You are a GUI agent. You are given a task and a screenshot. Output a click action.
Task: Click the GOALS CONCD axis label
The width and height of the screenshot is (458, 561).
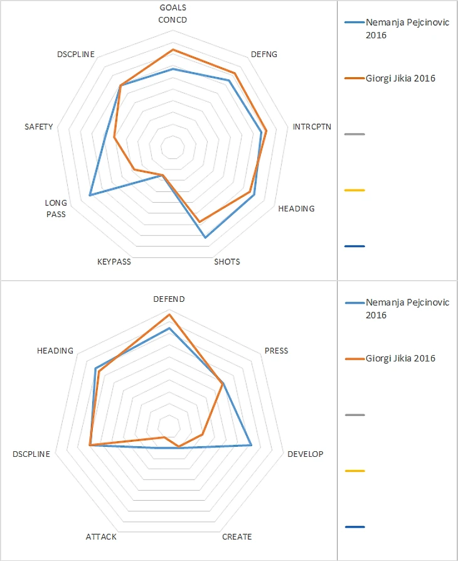click(x=173, y=13)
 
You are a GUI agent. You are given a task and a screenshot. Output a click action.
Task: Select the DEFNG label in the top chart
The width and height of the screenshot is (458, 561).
click(x=264, y=55)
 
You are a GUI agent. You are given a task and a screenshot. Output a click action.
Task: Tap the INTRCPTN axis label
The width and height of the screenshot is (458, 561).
click(x=312, y=127)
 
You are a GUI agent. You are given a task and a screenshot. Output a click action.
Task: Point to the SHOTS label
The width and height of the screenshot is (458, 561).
click(x=227, y=262)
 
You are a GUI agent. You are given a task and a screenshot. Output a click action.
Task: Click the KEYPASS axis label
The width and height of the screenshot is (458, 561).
click(x=114, y=262)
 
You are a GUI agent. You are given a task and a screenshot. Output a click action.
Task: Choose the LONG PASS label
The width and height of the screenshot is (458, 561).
click(x=55, y=208)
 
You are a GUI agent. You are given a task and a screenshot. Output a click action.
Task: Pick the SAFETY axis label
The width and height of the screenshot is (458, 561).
click(x=38, y=127)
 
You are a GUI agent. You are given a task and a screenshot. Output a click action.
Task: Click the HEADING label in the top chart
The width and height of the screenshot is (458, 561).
click(x=296, y=208)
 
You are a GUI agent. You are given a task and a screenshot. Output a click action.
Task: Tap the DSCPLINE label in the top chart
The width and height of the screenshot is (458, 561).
click(x=75, y=55)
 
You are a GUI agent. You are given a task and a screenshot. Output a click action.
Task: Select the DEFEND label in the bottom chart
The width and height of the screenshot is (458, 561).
click(x=169, y=299)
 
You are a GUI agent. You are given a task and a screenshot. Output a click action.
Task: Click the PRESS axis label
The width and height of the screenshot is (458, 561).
click(x=276, y=351)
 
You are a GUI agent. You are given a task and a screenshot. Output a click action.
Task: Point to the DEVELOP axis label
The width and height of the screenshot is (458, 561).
click(x=306, y=454)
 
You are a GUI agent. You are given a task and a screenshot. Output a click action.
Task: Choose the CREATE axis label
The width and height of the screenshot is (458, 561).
click(x=237, y=537)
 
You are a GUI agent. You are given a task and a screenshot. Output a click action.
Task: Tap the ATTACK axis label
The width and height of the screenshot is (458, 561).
click(x=101, y=537)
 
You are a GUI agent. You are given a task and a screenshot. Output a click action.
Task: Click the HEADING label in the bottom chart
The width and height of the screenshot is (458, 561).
click(x=55, y=351)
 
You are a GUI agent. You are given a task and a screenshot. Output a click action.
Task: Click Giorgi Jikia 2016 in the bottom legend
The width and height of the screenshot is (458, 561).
click(x=400, y=358)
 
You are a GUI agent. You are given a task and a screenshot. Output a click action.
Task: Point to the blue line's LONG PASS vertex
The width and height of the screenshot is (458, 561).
click(x=90, y=195)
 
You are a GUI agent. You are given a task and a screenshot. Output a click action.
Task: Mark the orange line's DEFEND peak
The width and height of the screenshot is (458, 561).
click(x=169, y=314)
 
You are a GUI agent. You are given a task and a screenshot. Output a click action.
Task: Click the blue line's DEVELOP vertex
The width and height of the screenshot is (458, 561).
click(x=252, y=445)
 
